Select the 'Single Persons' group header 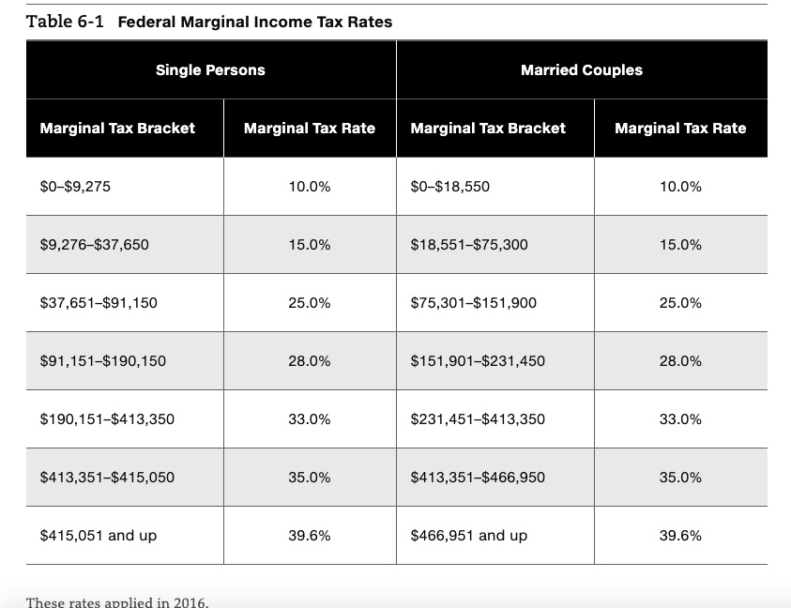point(210,70)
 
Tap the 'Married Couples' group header point(582,70)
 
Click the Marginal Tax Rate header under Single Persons point(310,129)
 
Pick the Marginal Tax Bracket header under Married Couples point(488,129)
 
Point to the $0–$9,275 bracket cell point(75,187)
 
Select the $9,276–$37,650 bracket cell point(94,245)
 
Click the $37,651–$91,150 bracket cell point(99,303)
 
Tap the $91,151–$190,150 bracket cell point(103,361)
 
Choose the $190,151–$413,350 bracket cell point(107,419)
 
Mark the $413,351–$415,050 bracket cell point(107,478)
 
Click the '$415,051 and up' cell point(99,536)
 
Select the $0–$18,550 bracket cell point(450,187)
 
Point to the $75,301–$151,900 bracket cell point(474,303)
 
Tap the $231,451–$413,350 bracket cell point(478,419)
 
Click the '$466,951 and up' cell point(469,536)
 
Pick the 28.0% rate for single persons point(310,361)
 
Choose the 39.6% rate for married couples point(680,536)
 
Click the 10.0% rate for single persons point(310,187)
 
